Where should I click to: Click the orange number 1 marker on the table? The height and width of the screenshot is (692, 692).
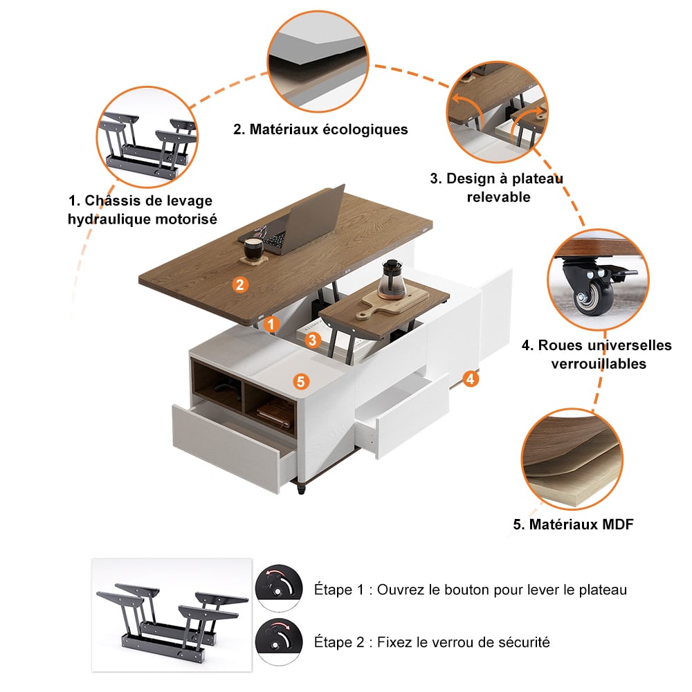click(271, 325)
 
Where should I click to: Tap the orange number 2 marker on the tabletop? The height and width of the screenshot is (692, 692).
click(239, 284)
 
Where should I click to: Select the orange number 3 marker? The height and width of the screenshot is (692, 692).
click(313, 340)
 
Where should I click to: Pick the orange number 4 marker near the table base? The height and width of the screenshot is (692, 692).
click(471, 379)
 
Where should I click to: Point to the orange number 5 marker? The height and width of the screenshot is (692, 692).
click(300, 381)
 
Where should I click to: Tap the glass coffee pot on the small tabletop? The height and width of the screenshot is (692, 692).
click(392, 280)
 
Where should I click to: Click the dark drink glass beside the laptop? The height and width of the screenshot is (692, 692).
click(253, 249)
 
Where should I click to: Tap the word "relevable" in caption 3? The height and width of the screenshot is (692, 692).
click(499, 197)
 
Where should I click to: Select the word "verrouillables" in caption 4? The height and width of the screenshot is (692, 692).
click(599, 364)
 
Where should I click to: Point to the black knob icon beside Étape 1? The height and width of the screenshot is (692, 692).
click(279, 588)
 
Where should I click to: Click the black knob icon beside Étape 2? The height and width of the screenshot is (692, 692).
click(279, 641)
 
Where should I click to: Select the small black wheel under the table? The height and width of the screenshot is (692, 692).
click(302, 490)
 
